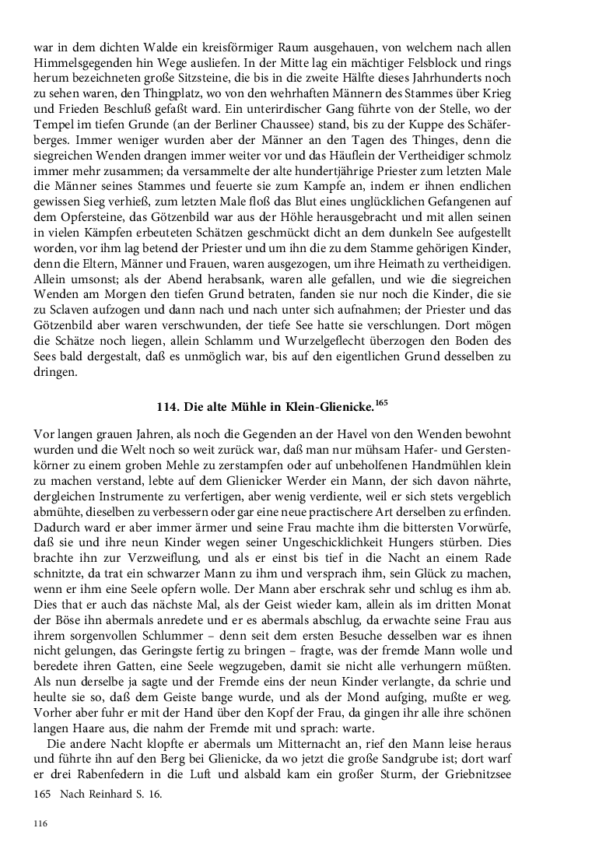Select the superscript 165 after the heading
coord(380,401)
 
